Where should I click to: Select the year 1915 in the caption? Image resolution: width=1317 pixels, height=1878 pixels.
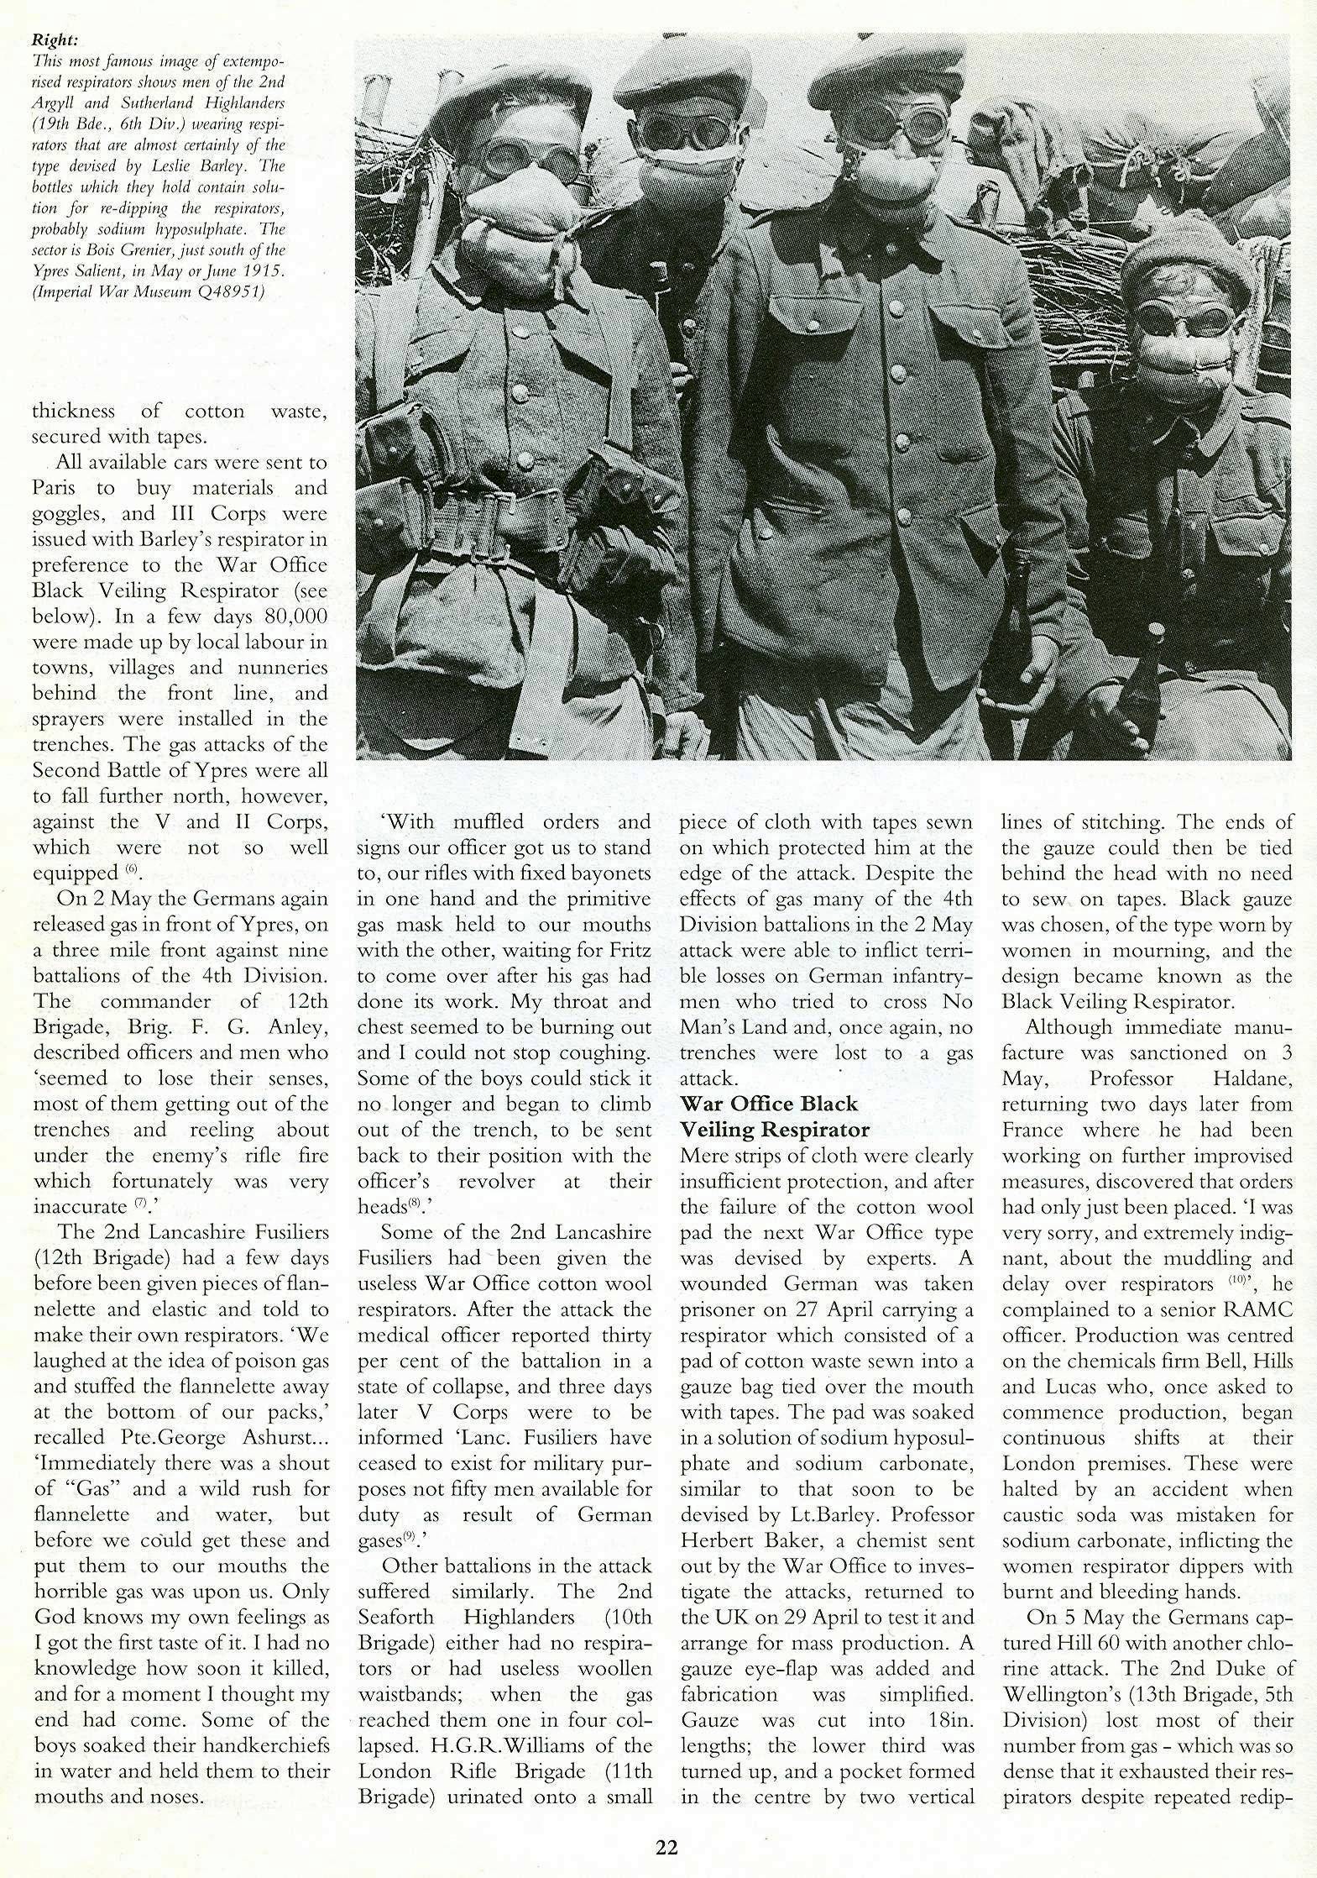pyautogui.click(x=247, y=271)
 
